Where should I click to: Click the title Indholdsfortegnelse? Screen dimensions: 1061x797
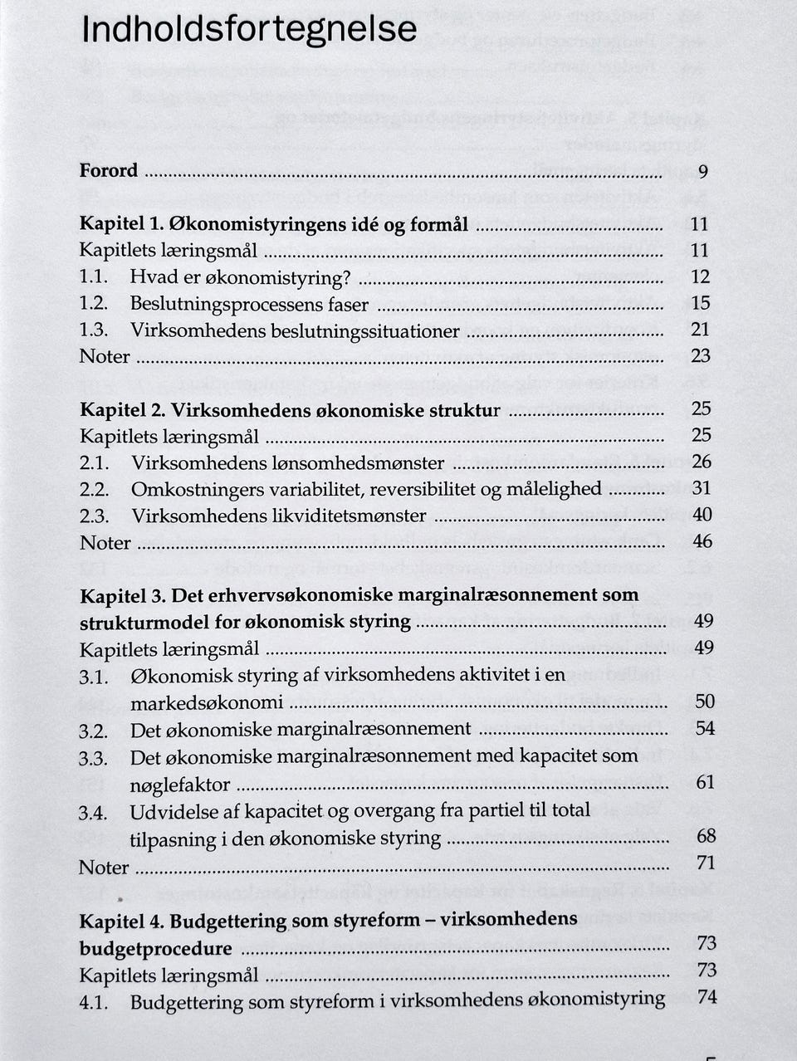click(x=249, y=30)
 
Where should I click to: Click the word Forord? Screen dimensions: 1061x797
click(x=109, y=171)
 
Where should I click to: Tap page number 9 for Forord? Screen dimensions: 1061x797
click(x=702, y=173)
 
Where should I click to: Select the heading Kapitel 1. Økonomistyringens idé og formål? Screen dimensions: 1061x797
click(x=274, y=224)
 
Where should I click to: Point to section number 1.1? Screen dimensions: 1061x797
click(x=94, y=277)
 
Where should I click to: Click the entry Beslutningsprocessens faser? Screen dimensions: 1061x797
click(x=249, y=304)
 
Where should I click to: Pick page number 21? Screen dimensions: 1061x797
click(x=700, y=330)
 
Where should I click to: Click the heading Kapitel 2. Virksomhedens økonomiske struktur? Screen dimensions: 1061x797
click(x=290, y=410)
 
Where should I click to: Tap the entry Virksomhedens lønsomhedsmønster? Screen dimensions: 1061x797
click(x=287, y=462)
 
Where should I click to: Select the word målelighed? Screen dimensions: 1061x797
click(x=553, y=488)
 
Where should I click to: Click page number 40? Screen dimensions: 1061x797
click(x=702, y=515)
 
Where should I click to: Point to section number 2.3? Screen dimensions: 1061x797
click(x=95, y=516)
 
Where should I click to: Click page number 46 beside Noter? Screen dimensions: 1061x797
click(x=702, y=541)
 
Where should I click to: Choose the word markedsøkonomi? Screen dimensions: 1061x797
click(x=207, y=702)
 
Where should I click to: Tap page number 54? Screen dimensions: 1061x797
click(x=704, y=728)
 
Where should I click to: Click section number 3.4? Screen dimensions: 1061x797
click(x=94, y=813)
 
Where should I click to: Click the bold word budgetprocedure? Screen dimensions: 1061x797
click(x=156, y=948)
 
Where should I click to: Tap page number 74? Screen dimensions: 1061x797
click(x=707, y=997)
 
